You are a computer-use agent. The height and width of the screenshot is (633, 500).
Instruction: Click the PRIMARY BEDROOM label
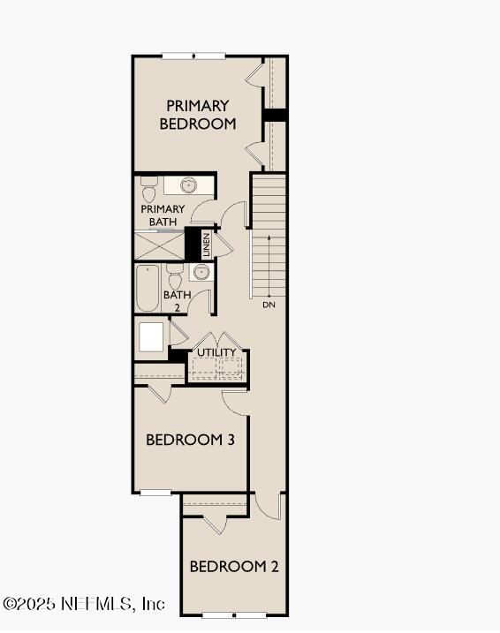[198, 115]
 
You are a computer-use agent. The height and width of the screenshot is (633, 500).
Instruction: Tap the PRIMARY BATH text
[163, 215]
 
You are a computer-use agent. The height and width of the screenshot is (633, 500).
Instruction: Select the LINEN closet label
[206, 245]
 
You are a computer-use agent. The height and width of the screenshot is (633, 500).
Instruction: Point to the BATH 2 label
[177, 301]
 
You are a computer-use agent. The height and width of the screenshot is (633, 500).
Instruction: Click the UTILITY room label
[216, 353]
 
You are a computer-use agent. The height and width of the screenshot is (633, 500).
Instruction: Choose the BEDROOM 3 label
[190, 439]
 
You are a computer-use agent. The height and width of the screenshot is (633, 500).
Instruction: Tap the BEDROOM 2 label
[234, 566]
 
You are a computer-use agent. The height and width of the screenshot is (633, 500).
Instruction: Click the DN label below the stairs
[269, 305]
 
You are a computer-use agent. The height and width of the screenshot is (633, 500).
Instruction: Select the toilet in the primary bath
[148, 187]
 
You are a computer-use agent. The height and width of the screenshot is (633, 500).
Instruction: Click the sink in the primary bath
[188, 185]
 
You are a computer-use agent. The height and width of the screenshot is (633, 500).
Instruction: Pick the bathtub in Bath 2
[148, 289]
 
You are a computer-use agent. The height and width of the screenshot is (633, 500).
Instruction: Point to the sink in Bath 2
[201, 272]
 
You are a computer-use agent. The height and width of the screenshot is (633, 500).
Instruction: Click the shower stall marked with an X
[159, 245]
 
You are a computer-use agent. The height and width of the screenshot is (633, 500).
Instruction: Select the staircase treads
[269, 234]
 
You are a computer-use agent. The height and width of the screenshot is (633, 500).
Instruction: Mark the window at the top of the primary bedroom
[193, 57]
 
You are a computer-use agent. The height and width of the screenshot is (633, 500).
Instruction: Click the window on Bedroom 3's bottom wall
[155, 492]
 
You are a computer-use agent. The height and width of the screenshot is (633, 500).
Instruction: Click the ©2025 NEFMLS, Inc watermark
[84, 605]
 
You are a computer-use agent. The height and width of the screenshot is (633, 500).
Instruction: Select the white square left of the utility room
[151, 336]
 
